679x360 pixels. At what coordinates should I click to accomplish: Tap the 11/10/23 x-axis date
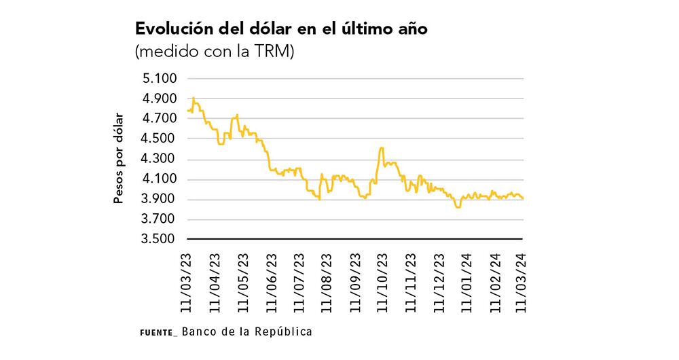point(382,281)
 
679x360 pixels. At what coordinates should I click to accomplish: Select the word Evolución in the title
point(175,31)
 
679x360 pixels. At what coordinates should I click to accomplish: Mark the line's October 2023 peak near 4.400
point(381,147)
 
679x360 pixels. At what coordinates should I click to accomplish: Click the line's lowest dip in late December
point(458,207)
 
